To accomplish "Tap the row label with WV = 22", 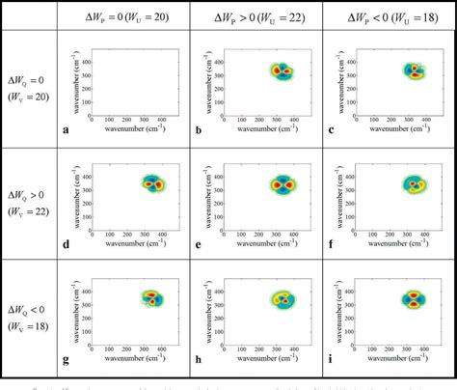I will tap(29, 198).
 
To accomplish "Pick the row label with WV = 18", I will tap(29, 311).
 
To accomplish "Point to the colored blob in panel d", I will tap(153, 182).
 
